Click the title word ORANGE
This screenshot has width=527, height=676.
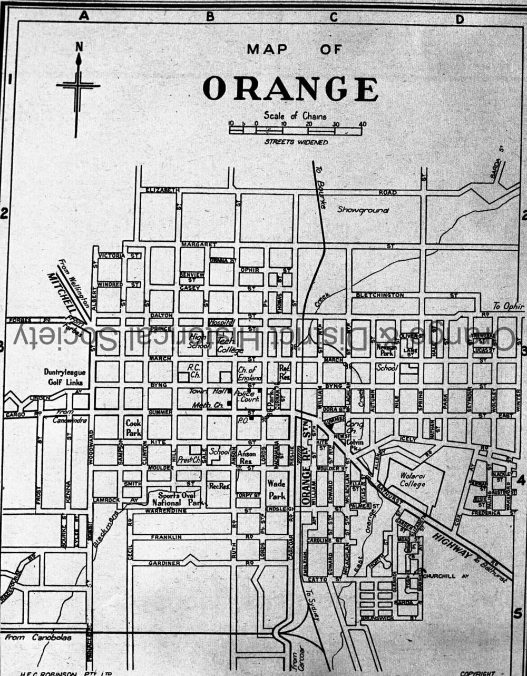tap(290, 89)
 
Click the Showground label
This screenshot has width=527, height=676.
tap(363, 210)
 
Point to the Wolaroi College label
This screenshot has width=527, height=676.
tap(412, 480)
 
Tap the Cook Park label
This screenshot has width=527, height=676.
tap(133, 428)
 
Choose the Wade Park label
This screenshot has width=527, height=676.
tap(277, 489)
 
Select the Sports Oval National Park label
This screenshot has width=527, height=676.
tap(174, 499)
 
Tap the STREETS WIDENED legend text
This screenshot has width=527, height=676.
tap(296, 142)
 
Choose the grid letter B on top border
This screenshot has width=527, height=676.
tap(210, 16)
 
